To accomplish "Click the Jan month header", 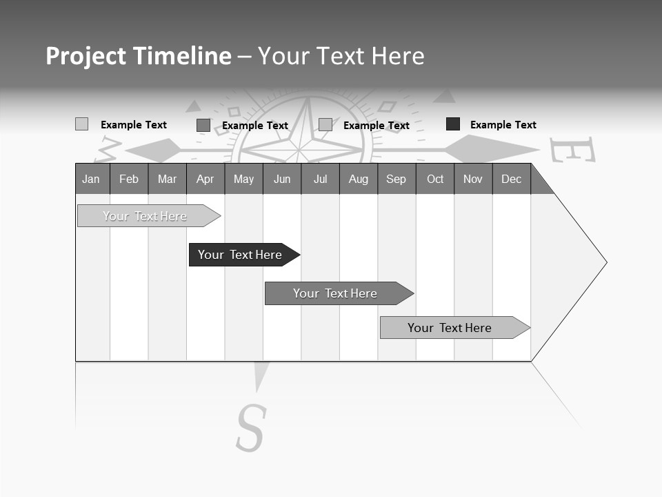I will click(91, 179).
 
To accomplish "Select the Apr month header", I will click(205, 179).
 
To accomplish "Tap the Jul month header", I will click(320, 179).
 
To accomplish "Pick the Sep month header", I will click(396, 179).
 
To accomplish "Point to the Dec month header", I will click(511, 179).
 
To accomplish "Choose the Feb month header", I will click(129, 179).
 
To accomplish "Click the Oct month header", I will click(435, 179).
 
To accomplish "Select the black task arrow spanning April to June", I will click(241, 255).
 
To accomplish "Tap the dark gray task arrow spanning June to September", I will click(337, 293).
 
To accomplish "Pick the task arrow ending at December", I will click(452, 328).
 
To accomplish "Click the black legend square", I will click(453, 124).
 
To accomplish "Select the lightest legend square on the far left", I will click(82, 124).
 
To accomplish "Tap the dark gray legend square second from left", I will click(203, 125).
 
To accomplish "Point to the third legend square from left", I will click(325, 125).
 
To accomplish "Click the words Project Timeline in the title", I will click(139, 56).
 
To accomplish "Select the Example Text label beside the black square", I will click(503, 125).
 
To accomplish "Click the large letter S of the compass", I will click(251, 428).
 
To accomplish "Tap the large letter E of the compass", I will click(572, 149).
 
